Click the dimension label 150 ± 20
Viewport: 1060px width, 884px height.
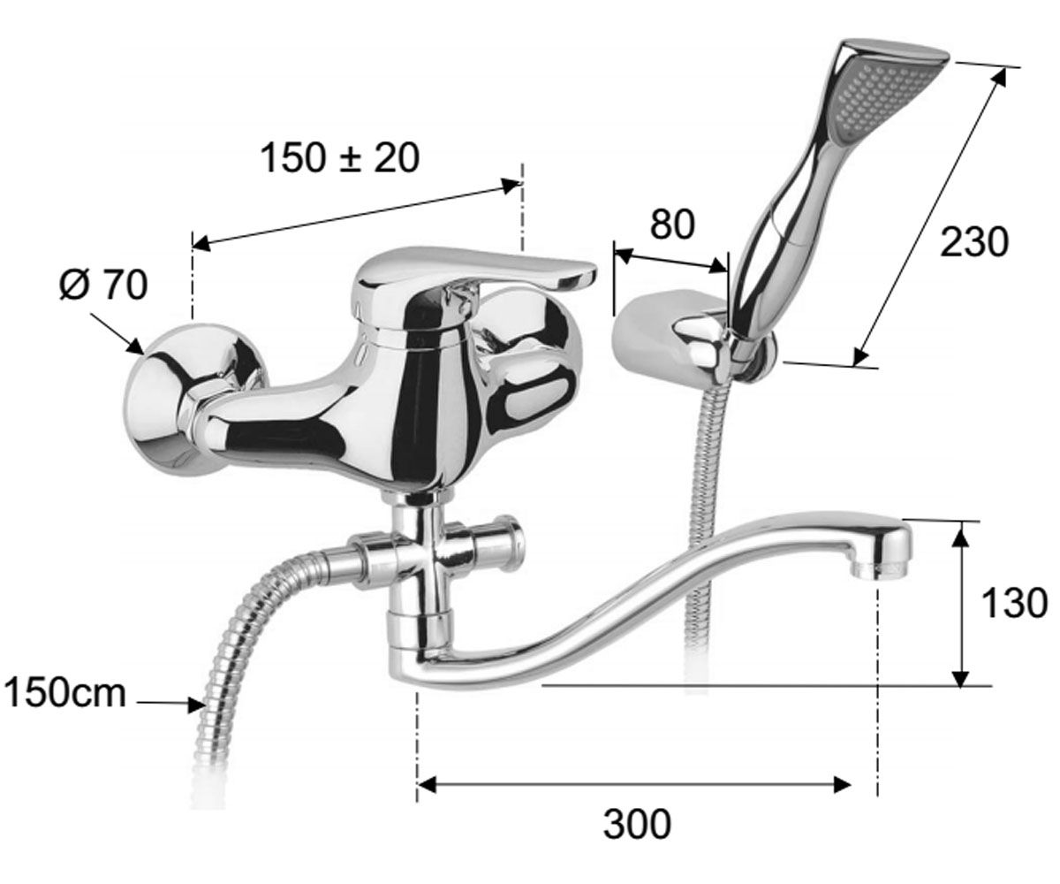point(339,157)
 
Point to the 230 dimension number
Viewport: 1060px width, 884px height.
point(974,241)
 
